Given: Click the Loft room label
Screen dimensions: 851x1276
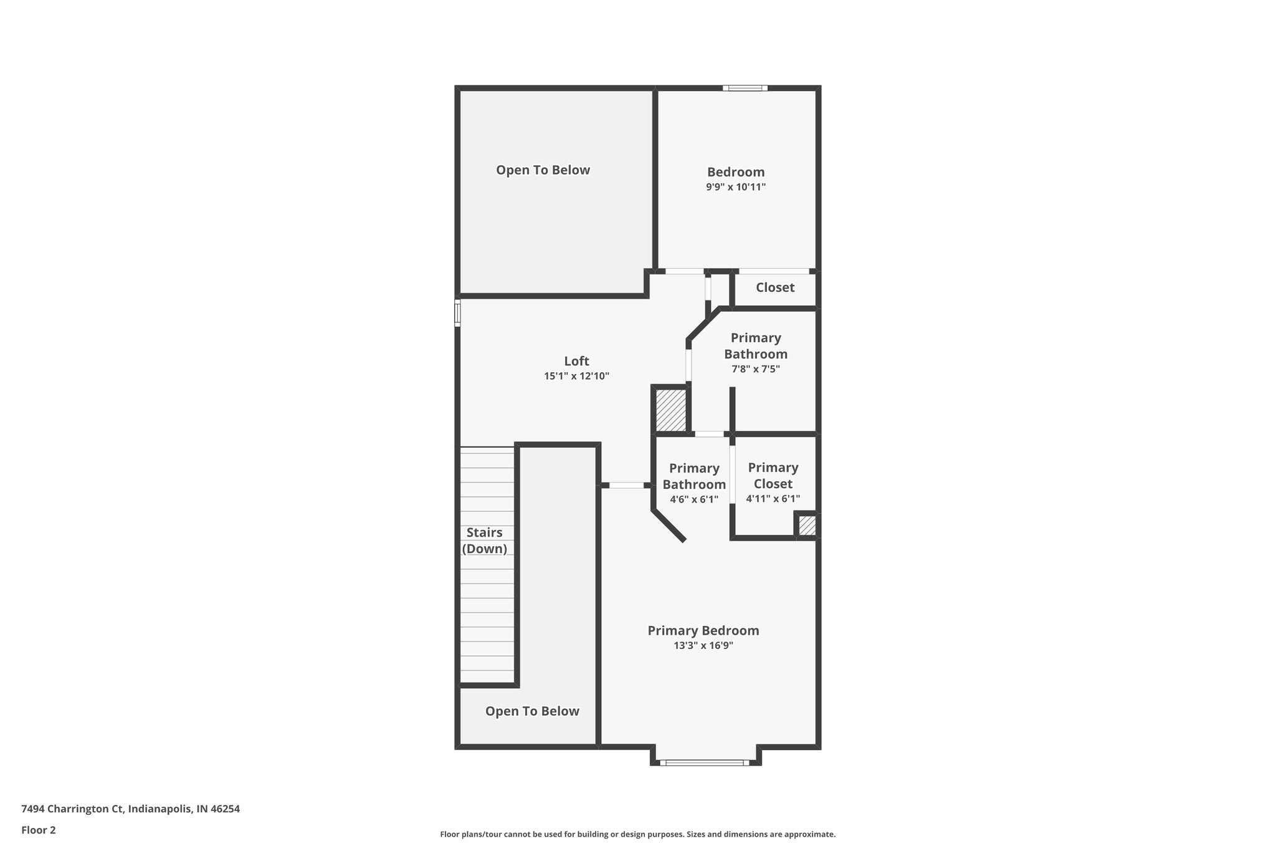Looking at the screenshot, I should tap(576, 361).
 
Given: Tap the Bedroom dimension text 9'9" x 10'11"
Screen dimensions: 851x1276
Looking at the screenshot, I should tap(735, 187).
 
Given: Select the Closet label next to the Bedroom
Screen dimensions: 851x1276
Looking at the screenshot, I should tap(774, 287).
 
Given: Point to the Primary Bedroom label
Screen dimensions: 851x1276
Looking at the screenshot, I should tap(703, 630).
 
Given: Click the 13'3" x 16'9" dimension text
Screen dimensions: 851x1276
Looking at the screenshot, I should tap(703, 646).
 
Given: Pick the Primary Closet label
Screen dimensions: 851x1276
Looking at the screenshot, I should tap(773, 476).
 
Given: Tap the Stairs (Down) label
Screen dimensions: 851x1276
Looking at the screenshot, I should tap(484, 541).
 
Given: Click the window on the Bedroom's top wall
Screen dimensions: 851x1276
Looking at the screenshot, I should tap(745, 88).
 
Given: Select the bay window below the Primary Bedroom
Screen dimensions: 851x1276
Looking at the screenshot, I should tap(705, 762).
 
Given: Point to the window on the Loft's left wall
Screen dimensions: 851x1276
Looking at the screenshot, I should tap(457, 312).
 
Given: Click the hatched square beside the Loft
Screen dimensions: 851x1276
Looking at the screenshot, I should tap(670, 410).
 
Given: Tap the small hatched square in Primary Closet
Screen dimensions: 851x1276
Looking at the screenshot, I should tap(807, 525).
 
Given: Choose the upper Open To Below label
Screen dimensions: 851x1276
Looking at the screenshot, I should tap(543, 170).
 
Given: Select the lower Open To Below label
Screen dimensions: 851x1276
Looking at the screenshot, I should tap(532, 711).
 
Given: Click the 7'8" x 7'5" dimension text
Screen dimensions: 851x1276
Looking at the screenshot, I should tap(755, 369).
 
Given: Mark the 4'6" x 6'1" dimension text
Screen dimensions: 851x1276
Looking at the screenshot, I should tap(694, 499).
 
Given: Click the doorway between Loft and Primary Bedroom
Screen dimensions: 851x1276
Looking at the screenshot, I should tap(626, 485).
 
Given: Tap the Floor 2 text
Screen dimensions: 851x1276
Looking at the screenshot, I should tap(39, 830).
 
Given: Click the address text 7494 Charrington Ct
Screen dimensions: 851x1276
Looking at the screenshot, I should tap(72, 809).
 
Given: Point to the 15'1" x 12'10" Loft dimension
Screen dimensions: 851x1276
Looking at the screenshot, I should tap(576, 377).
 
